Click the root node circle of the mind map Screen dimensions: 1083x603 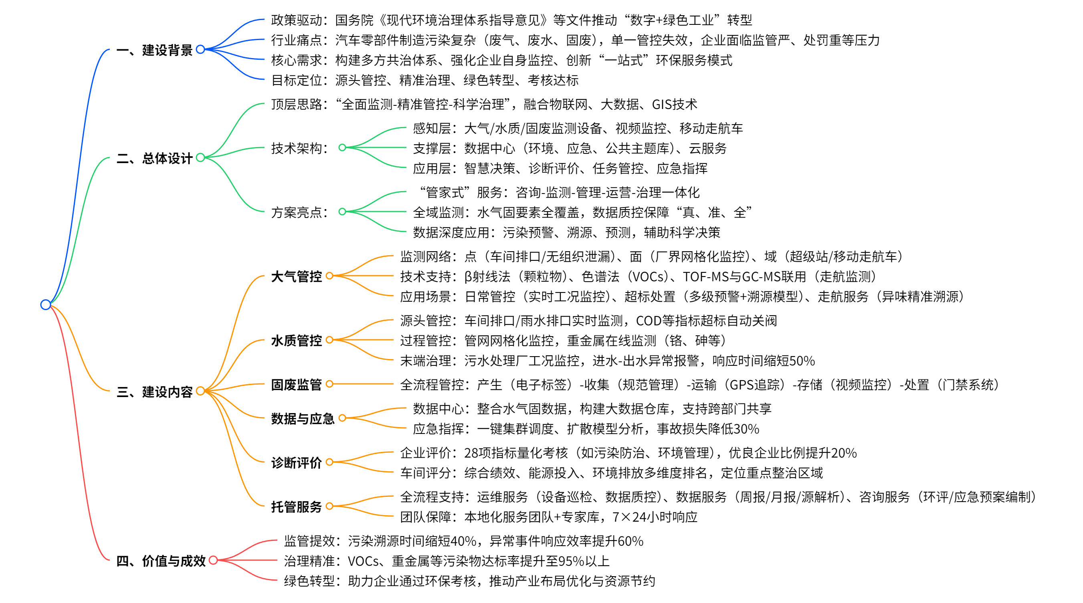(45, 304)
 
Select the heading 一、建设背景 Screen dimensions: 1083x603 (154, 50)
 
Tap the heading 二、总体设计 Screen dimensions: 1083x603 (154, 158)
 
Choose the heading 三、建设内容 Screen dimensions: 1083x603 (154, 391)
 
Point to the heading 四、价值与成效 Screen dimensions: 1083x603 (161, 561)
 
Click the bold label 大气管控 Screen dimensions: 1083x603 (296, 276)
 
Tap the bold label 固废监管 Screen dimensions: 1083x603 (296, 384)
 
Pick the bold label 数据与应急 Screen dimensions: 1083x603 (303, 418)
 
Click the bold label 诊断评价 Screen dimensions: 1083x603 (296, 462)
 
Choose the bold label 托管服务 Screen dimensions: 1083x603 (296, 506)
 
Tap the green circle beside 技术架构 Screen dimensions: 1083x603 (342, 147)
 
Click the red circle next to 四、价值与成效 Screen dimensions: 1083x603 (213, 560)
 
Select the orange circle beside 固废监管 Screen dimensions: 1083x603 (329, 384)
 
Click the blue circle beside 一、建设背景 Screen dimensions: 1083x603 (200, 50)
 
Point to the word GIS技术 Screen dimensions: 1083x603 (674, 104)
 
